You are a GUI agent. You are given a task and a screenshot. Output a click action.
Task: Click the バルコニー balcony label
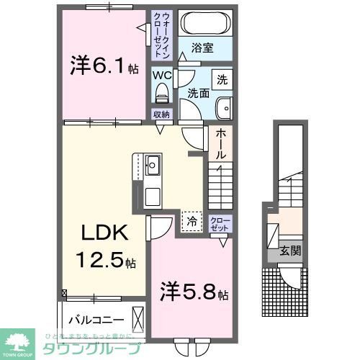(x=96, y=319)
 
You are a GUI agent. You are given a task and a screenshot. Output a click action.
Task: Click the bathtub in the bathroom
(x=204, y=24)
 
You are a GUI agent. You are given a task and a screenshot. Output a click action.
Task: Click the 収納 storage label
(x=161, y=114)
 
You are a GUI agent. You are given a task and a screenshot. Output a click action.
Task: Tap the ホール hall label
(x=220, y=144)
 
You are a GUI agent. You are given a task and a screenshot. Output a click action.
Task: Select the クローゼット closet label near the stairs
(x=220, y=224)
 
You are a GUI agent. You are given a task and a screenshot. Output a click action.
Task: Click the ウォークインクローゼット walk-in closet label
(x=161, y=35)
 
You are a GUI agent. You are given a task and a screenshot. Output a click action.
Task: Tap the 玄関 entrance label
(x=290, y=252)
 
